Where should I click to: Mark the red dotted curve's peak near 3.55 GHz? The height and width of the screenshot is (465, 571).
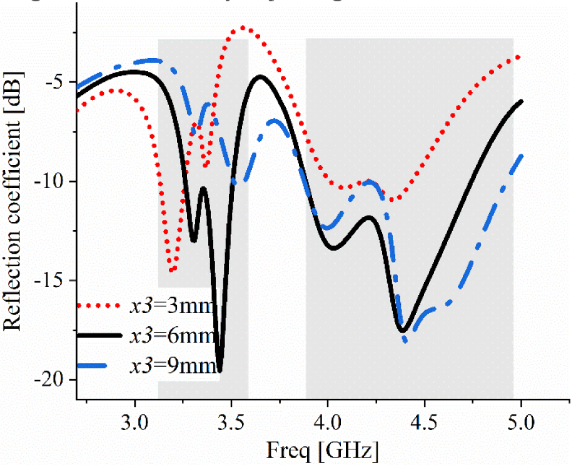click(243, 28)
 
